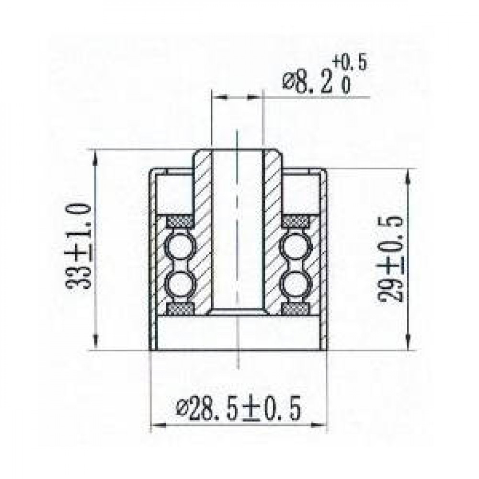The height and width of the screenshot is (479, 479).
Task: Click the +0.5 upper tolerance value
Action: point(350,63)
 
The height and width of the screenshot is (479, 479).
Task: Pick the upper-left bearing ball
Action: point(180,245)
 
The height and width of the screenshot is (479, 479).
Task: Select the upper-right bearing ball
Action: point(296,245)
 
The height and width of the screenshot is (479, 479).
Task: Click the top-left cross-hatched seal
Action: point(180,221)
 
